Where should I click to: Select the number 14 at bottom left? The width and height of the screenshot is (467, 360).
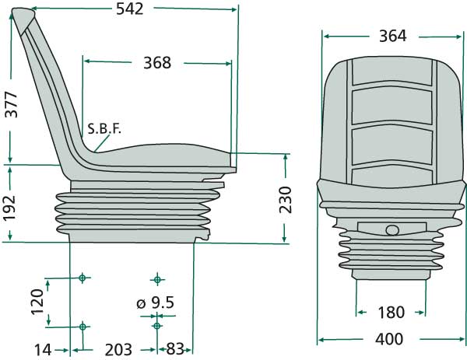pyautogui.click(x=43, y=350)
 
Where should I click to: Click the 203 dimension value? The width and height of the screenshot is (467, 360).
pyautogui.click(x=118, y=350)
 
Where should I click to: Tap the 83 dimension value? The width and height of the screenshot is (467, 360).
pyautogui.click(x=175, y=350)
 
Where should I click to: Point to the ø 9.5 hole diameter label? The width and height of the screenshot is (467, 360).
pyautogui.click(x=154, y=302)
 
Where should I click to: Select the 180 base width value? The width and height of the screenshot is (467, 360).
pyautogui.click(x=390, y=313)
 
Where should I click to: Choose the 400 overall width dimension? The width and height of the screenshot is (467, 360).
pyautogui.click(x=389, y=340)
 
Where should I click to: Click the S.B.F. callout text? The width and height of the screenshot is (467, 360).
pyautogui.click(x=105, y=128)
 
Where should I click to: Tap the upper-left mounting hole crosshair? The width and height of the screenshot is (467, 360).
pyautogui.click(x=82, y=278)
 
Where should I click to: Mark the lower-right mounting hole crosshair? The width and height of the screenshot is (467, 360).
pyautogui.click(x=156, y=326)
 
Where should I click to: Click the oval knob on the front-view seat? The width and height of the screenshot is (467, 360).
pyautogui.click(x=392, y=229)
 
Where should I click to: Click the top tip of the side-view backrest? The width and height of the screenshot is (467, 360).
pyautogui.click(x=28, y=12)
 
